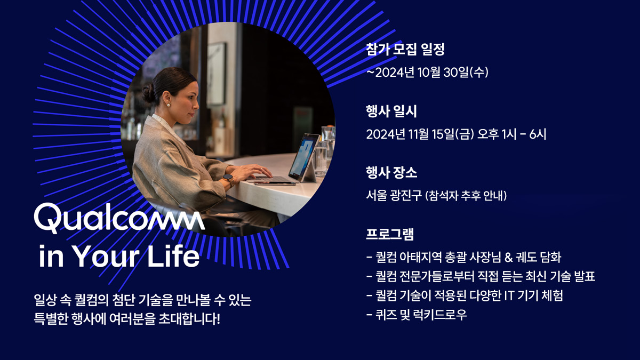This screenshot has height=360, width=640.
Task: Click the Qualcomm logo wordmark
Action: click(119, 218)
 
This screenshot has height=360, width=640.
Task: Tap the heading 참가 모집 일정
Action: click(405, 49)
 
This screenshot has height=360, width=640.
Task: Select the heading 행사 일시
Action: click(391, 111)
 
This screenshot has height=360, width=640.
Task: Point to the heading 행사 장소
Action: click(391, 173)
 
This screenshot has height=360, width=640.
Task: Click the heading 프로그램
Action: click(390, 234)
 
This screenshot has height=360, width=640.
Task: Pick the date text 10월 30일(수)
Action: click(453, 73)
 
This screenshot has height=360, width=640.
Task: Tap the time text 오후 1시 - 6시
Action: click(511, 134)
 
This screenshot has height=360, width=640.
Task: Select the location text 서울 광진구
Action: click(394, 196)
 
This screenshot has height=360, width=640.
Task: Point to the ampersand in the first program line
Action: click(508, 258)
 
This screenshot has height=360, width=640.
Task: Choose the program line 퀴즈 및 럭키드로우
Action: click(421, 315)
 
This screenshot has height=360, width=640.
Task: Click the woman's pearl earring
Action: click(169, 105)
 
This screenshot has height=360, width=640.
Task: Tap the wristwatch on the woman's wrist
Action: click(228, 179)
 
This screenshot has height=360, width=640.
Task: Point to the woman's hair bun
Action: click(148, 94)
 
